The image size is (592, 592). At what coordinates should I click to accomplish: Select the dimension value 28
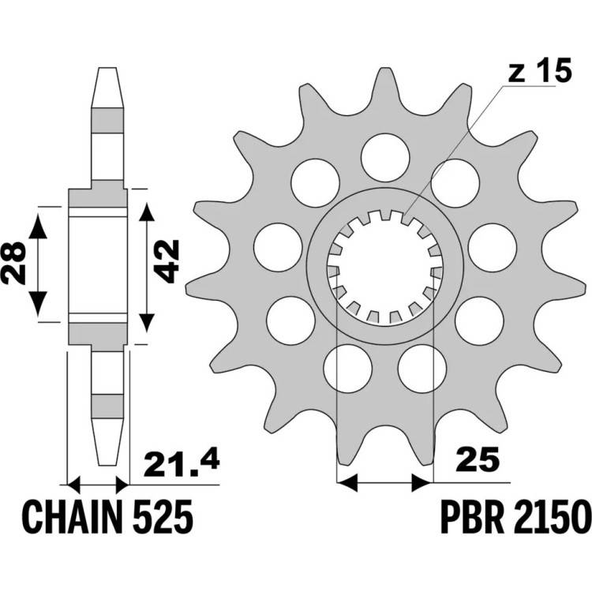(x=13, y=263)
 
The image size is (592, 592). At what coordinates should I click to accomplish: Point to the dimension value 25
(x=478, y=459)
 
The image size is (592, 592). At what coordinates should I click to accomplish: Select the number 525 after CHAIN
(x=163, y=517)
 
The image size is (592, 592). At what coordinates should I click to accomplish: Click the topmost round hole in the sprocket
(x=385, y=157)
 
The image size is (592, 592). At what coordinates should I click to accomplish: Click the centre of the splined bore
(x=384, y=267)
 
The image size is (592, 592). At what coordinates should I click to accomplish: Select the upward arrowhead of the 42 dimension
(x=147, y=212)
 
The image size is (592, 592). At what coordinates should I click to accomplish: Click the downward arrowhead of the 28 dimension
(x=38, y=304)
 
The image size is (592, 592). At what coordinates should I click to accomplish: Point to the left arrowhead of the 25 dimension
(x=347, y=482)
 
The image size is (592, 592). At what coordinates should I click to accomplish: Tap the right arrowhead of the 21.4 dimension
(x=122, y=485)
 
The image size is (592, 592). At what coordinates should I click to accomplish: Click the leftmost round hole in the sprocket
(x=278, y=248)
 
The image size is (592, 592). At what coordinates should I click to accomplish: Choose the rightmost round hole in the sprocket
(x=493, y=248)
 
